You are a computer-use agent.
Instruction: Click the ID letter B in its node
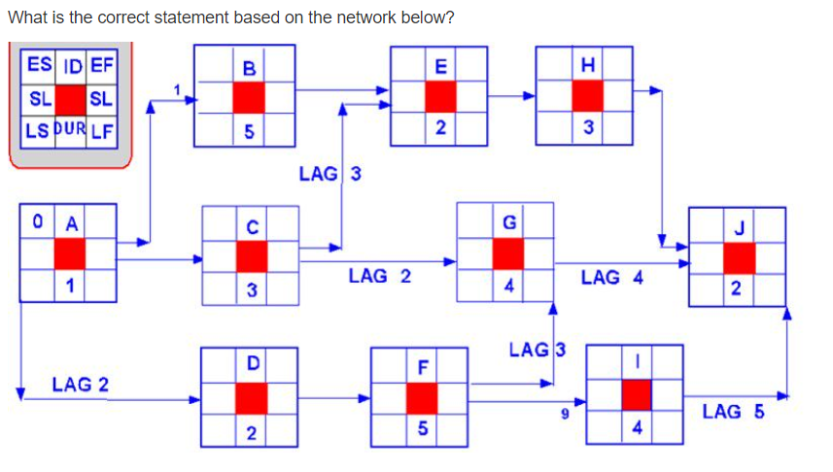[x=248, y=67]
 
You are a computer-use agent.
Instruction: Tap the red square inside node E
[x=441, y=96]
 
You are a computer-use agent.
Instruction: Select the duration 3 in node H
[x=587, y=128]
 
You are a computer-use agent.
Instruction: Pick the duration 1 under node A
[x=69, y=284]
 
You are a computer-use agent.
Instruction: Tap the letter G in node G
[x=508, y=222]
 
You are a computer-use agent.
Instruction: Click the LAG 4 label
[x=611, y=278]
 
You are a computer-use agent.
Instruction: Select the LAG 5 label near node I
[x=732, y=411]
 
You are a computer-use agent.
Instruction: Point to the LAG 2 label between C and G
[x=378, y=277]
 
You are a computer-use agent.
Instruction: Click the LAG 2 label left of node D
[x=81, y=385]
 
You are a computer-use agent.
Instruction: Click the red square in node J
[x=739, y=258]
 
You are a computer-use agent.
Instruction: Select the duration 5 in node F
[x=420, y=428]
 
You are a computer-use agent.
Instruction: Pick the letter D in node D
[x=252, y=364]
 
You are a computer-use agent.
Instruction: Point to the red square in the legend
[x=70, y=98]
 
